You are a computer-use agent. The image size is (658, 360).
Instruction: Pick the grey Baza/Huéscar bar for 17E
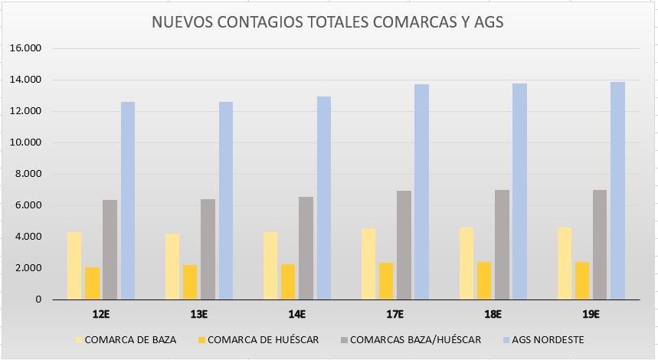(x=404, y=245)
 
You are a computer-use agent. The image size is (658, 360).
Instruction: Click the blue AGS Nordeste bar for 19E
(x=618, y=191)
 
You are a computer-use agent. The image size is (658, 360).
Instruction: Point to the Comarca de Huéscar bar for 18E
(x=484, y=280)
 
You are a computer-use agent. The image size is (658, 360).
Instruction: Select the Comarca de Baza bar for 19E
(x=564, y=263)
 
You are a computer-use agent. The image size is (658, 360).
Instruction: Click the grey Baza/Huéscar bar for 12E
(x=110, y=250)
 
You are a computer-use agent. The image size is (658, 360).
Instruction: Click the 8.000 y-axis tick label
(x=27, y=174)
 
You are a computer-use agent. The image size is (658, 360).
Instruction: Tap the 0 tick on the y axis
(x=37, y=299)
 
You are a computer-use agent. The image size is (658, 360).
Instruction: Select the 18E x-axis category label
(x=493, y=314)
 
